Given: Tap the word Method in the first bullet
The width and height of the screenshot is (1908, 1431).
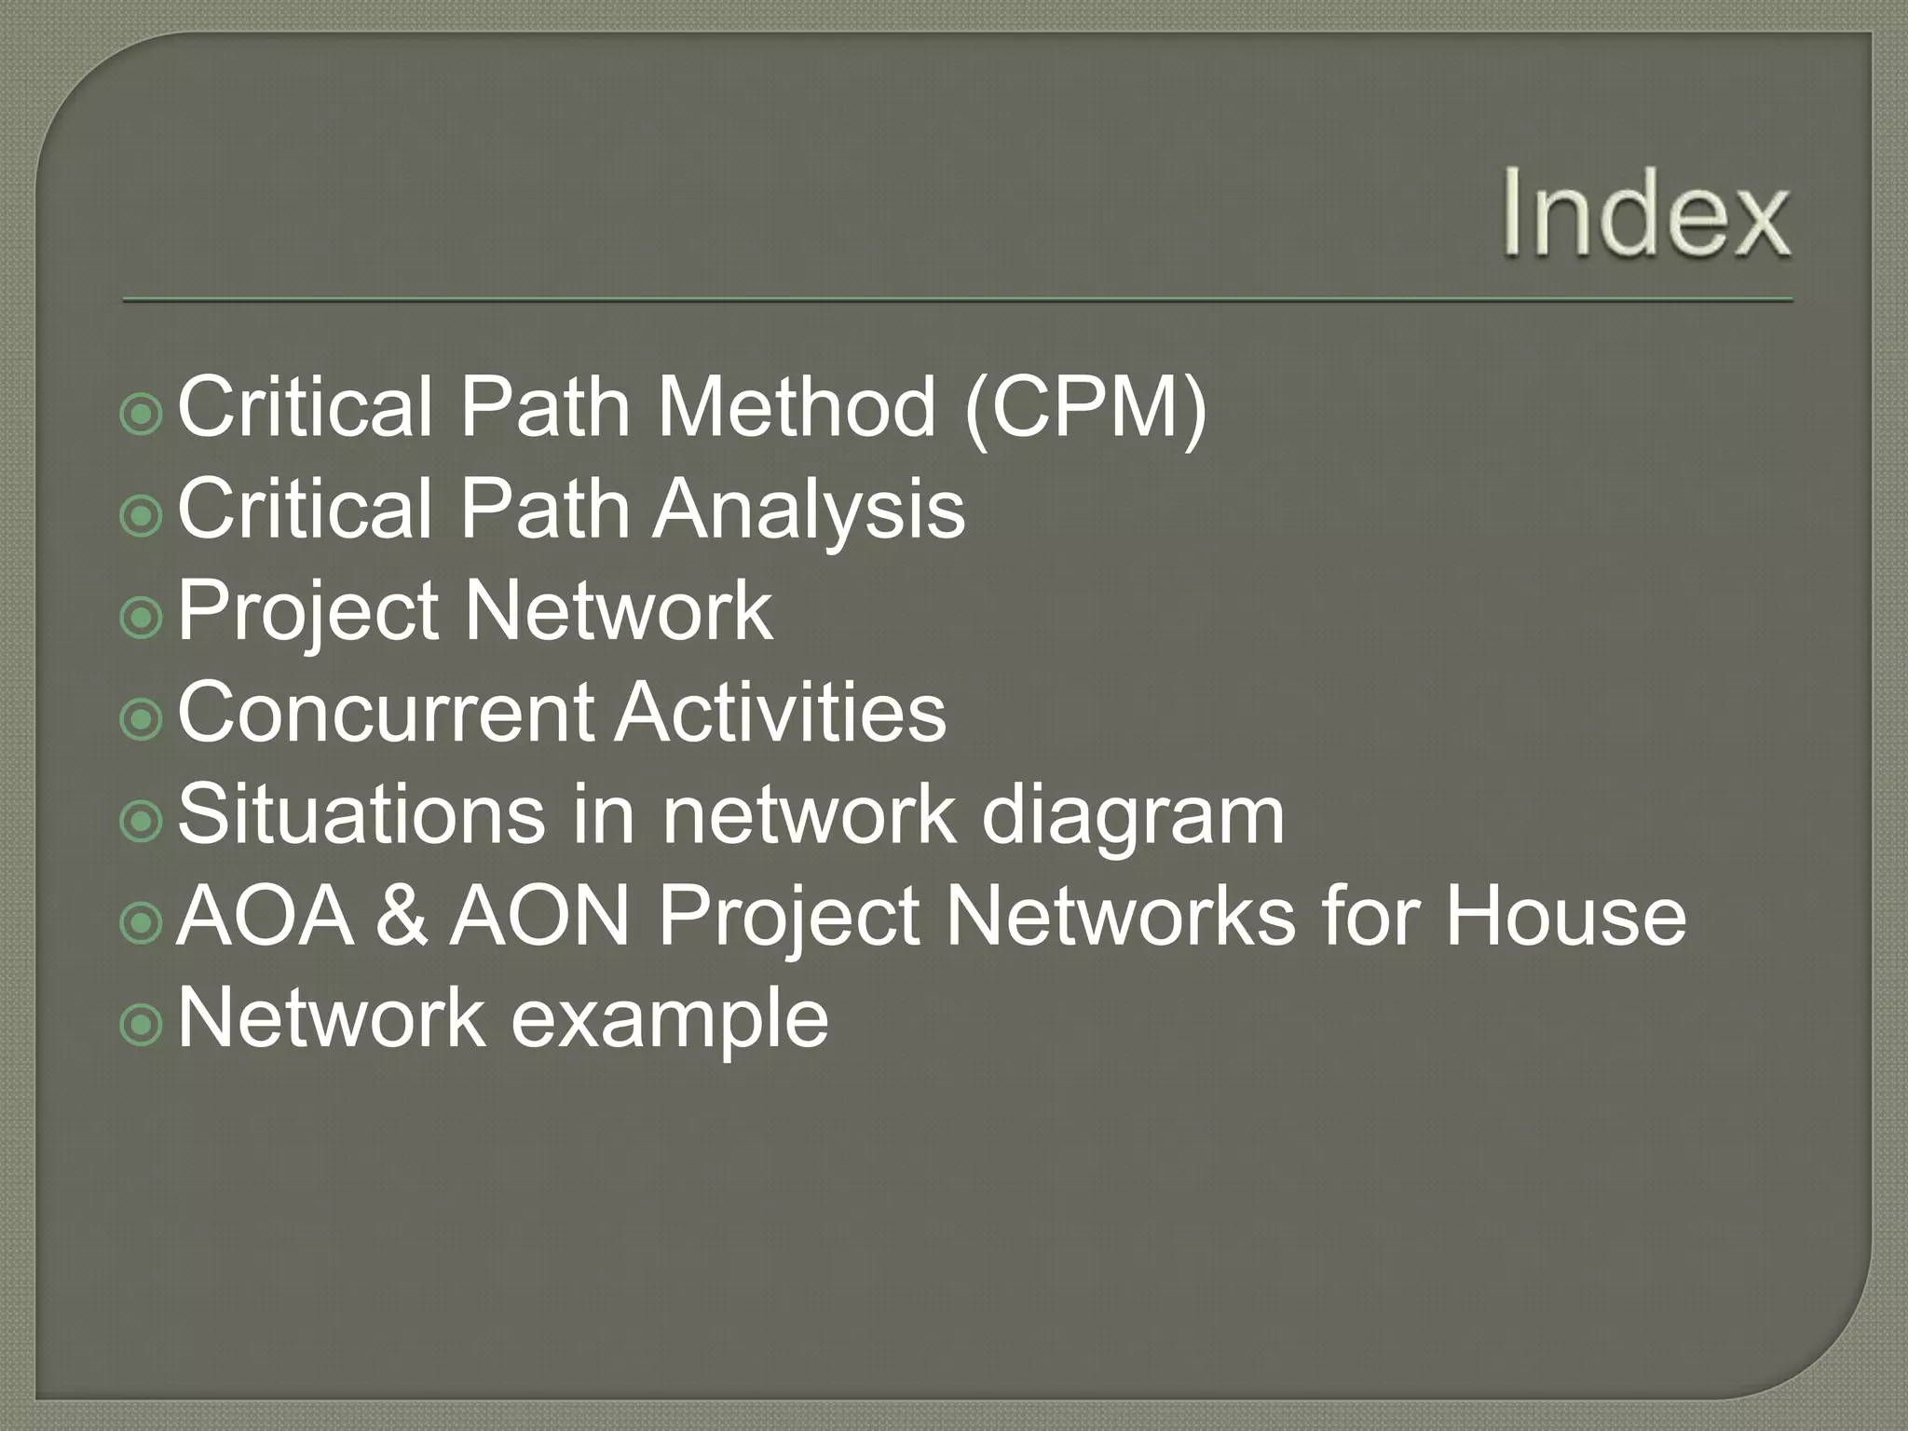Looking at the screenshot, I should (x=797, y=407).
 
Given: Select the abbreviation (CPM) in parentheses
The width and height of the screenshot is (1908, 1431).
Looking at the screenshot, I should (x=1085, y=409).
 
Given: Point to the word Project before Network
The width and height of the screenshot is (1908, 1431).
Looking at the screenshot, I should (x=307, y=612).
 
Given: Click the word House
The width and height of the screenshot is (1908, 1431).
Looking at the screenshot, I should (x=1565, y=917).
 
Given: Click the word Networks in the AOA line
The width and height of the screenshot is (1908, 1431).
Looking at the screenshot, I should (x=1119, y=917).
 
